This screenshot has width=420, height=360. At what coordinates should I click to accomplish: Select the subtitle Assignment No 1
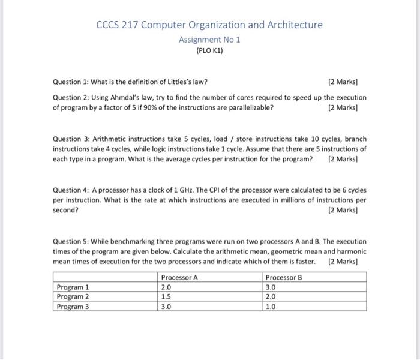[x=209, y=40]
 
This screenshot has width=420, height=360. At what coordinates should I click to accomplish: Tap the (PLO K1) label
[x=209, y=51]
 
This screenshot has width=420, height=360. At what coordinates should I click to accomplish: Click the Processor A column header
[x=179, y=277]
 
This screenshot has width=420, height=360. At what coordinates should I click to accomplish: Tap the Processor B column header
[x=283, y=277]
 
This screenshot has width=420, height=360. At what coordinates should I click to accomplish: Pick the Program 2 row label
[x=73, y=296]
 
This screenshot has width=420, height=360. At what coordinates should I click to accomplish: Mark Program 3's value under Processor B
[x=271, y=307]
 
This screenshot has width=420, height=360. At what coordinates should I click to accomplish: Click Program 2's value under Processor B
[x=271, y=296]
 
